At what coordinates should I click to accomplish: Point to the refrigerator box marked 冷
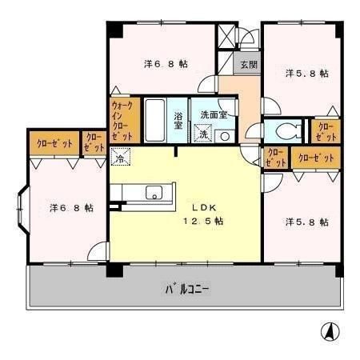tap(120, 158)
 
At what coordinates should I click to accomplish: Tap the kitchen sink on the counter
tap(152, 192)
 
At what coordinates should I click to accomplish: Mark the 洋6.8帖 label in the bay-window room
tap(70, 208)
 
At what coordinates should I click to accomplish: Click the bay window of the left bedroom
tap(22, 208)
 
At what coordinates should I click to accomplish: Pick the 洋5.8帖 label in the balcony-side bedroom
tap(306, 222)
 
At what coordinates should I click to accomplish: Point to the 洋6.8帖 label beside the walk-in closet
tap(166, 62)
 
